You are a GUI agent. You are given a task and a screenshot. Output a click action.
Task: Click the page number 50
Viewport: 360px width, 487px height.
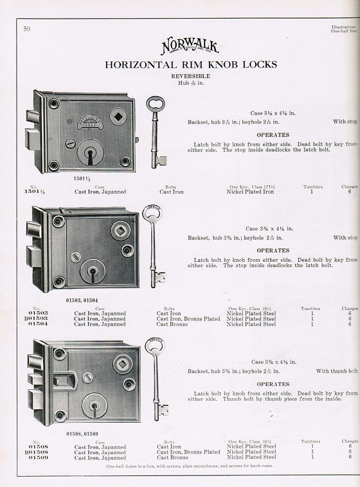[x=26, y=28]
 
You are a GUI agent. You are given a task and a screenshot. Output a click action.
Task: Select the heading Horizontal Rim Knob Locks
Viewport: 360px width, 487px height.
[x=190, y=64]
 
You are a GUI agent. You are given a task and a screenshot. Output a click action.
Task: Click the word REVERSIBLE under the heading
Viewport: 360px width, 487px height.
[x=190, y=75]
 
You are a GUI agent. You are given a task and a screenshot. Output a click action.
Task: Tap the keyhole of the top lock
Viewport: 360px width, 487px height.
[x=90, y=153]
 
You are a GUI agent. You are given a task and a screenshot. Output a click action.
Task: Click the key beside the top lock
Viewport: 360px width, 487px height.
[x=155, y=131]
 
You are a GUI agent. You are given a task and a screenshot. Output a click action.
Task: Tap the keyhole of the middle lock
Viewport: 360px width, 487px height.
[x=93, y=271]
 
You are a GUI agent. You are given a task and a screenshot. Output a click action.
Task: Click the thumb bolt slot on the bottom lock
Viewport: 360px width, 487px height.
[x=64, y=380]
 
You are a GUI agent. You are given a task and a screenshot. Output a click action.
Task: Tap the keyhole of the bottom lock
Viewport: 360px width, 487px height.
[x=94, y=407]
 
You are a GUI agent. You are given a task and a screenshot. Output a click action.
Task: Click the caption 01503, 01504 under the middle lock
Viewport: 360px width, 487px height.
[x=81, y=299]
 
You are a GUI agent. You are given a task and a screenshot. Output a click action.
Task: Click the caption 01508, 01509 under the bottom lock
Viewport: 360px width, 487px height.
[x=82, y=435]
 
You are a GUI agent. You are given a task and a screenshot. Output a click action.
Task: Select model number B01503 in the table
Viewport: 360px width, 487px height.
[x=35, y=318]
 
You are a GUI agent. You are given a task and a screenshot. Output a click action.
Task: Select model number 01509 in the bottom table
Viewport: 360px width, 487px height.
[x=38, y=457]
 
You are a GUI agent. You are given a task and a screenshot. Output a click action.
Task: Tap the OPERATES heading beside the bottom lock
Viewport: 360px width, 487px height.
[x=273, y=384]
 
